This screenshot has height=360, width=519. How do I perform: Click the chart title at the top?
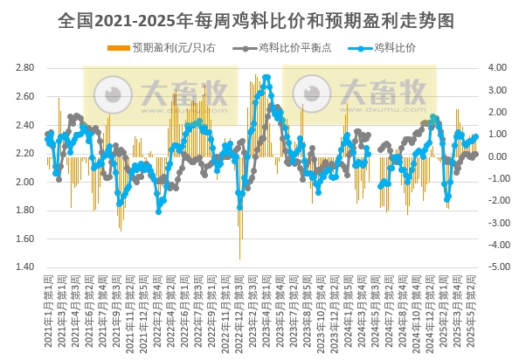[x=259, y=18]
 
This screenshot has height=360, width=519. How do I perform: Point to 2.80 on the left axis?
[x=25, y=67]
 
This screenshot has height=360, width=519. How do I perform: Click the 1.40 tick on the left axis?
[x=25, y=267]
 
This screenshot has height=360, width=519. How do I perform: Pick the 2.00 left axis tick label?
[x=25, y=182]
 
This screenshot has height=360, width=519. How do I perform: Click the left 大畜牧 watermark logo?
[x=160, y=94]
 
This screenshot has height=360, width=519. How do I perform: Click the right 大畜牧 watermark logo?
[x=359, y=94]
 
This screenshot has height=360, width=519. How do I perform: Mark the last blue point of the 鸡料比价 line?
[x=475, y=136]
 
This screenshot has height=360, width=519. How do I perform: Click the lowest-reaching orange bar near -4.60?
[x=240, y=259]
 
